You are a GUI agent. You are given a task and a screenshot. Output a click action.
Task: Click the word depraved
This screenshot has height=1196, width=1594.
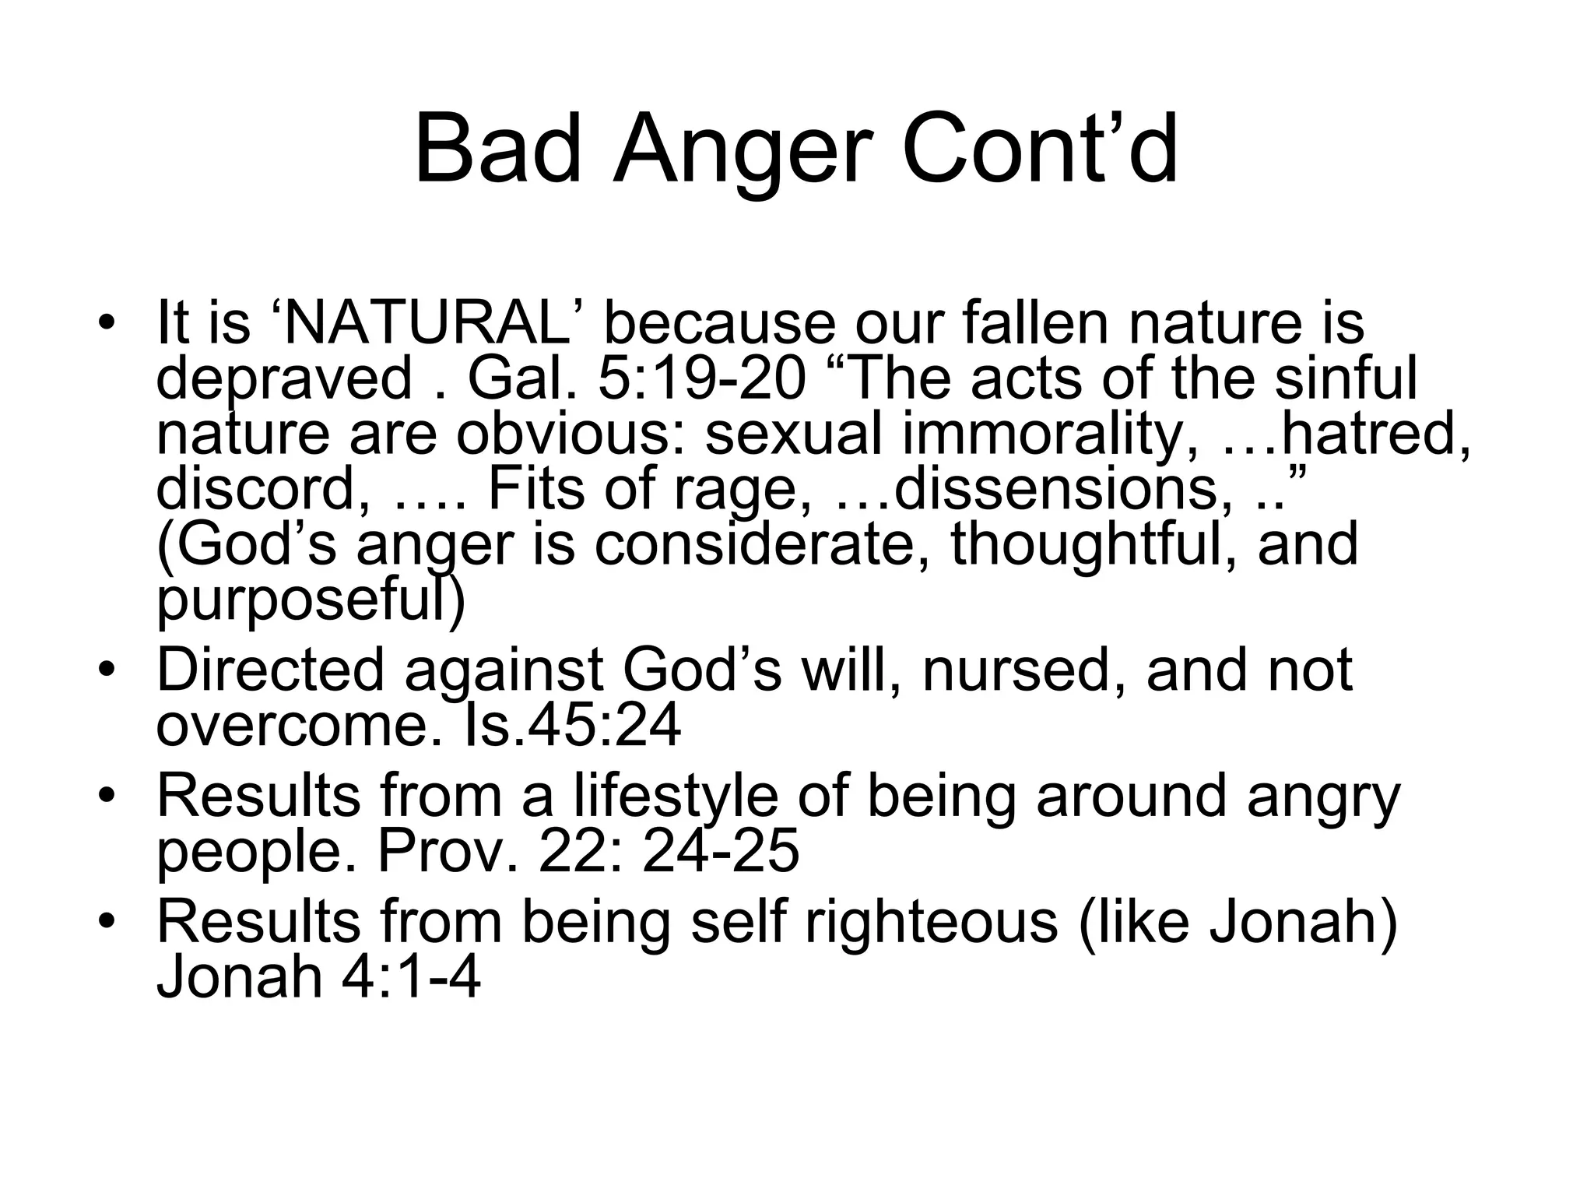coord(284,380)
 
